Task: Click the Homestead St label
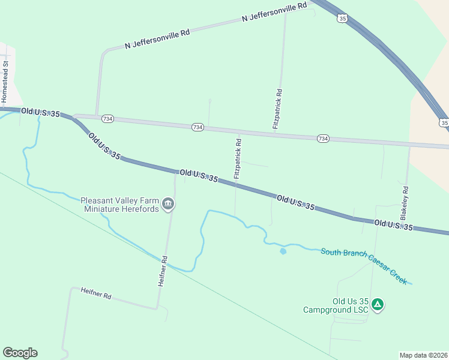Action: tap(5, 80)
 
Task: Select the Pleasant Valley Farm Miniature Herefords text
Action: tap(120, 205)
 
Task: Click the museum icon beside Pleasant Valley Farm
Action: tap(168, 205)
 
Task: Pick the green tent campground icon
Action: tap(377, 305)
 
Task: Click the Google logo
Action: tap(20, 353)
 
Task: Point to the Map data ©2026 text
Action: tap(423, 355)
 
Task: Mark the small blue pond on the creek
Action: tap(283, 251)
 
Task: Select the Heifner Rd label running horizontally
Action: tap(96, 293)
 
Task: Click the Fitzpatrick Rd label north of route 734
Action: tap(277, 109)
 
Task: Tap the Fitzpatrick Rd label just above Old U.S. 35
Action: tap(238, 159)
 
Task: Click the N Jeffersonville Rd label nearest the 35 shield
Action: tap(274, 12)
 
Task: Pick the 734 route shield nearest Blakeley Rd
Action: tap(323, 139)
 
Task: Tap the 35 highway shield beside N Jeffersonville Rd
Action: tap(342, 19)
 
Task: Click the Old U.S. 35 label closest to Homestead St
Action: tap(41, 113)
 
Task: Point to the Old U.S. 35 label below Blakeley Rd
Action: tap(393, 226)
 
